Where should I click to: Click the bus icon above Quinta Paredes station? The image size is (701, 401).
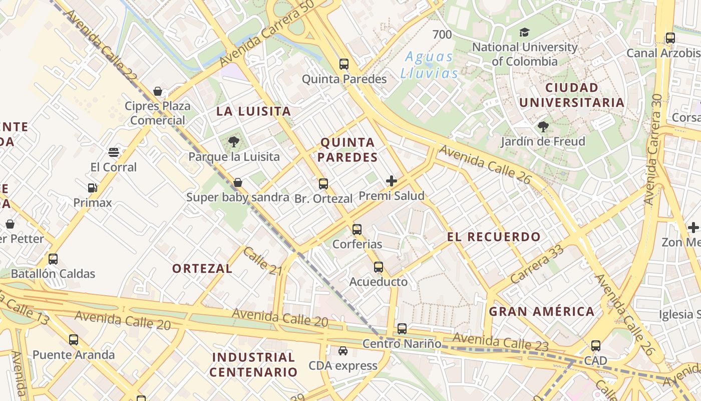click(x=343, y=64)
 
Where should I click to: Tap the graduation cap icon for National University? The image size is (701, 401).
click(x=524, y=33)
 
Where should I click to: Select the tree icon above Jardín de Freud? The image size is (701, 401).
click(x=543, y=127)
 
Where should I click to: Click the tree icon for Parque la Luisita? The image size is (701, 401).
click(x=233, y=142)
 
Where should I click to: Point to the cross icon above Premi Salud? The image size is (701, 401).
click(x=392, y=181)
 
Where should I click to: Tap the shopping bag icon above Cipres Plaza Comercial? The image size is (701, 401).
click(x=158, y=91)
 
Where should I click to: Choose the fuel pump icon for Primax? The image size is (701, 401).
click(x=92, y=188)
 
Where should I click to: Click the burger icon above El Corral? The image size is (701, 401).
click(x=114, y=152)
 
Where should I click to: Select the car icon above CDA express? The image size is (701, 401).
click(x=342, y=351)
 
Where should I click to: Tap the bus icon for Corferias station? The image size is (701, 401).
click(x=357, y=230)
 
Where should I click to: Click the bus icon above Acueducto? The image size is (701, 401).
click(x=379, y=267)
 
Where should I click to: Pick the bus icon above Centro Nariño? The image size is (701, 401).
click(x=402, y=329)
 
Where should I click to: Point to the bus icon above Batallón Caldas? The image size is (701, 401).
click(x=53, y=259)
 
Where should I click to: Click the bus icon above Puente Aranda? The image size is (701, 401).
click(x=74, y=340)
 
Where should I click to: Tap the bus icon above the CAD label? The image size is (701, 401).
click(x=595, y=346)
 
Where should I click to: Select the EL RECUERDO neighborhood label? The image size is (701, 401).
click(x=494, y=237)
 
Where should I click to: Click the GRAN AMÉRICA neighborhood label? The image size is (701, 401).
click(x=541, y=311)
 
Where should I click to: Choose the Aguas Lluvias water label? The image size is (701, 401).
click(x=429, y=65)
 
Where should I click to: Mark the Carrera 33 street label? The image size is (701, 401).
click(x=538, y=264)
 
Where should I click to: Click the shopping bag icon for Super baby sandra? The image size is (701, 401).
click(x=238, y=182)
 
